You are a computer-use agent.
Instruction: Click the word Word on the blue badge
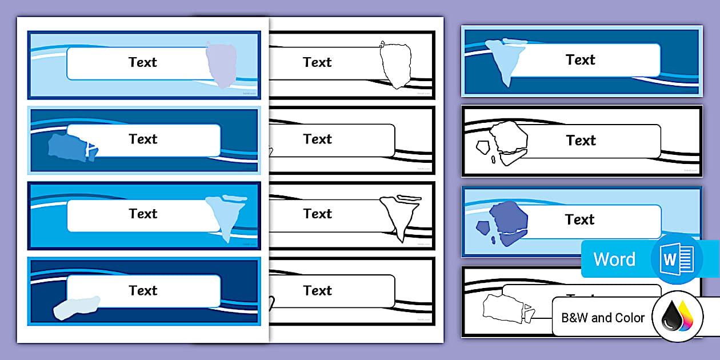tap(614, 259)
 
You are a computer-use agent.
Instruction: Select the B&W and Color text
tap(603, 318)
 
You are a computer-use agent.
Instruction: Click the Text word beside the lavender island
tap(142, 62)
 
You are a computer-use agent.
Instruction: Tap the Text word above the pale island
tap(142, 290)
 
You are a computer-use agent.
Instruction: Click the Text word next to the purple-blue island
tap(579, 219)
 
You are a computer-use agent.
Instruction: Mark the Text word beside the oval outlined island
tap(317, 62)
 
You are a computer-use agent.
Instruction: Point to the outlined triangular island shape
tap(400, 214)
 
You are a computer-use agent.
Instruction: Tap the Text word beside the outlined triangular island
tap(317, 214)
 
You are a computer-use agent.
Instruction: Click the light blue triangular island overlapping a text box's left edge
tap(503, 57)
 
